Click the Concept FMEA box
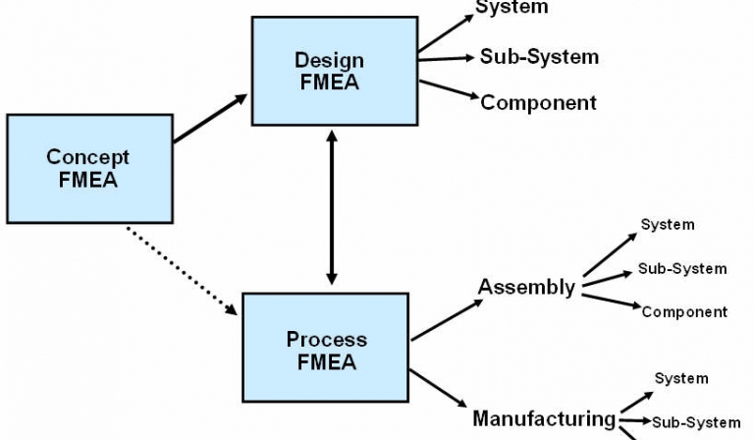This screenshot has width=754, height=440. point(88,168)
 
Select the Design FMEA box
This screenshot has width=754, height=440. point(328,72)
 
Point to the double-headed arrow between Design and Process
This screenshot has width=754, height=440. point(331,208)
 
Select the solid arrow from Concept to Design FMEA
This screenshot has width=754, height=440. point(210,119)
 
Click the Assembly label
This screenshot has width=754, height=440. point(526,287)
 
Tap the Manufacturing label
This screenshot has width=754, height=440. point(544,418)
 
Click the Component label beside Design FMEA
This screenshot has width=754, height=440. point(538,102)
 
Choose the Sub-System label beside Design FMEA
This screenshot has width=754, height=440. point(539,56)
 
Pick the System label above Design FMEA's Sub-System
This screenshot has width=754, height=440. point(512,9)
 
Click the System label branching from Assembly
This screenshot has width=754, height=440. point(668,225)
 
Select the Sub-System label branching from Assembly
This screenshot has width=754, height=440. point(682,268)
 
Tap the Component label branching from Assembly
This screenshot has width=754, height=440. point(684,312)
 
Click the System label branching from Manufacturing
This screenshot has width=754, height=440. point(681,378)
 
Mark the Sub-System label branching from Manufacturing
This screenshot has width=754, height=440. point(696,422)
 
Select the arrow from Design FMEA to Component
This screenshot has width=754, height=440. point(449,89)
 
